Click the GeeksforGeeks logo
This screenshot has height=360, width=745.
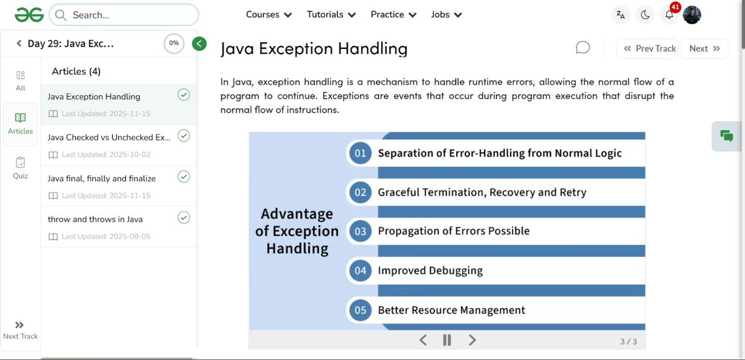[x=29, y=14]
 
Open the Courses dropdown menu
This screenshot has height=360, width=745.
[x=268, y=14]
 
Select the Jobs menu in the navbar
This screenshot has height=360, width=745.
[x=446, y=14]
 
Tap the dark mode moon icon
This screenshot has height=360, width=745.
[x=645, y=15]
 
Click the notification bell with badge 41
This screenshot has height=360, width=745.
[x=669, y=15]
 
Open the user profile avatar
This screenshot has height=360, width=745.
[x=692, y=15]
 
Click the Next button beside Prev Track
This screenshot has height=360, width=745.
[x=704, y=48]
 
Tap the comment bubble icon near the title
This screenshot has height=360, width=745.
[x=582, y=48]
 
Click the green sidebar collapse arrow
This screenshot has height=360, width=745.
[x=199, y=44]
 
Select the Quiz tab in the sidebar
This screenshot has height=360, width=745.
[x=21, y=168]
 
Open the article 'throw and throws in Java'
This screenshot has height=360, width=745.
[x=95, y=219]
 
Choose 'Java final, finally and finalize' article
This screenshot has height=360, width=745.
[x=101, y=178]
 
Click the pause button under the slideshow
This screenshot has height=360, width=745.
[x=447, y=340]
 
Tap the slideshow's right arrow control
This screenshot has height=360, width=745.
[x=472, y=340]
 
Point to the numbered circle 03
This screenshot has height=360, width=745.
[x=360, y=231]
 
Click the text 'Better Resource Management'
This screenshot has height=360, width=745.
[x=451, y=310]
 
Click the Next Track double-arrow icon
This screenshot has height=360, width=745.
[x=20, y=325]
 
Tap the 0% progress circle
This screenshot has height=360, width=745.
[x=174, y=44]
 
